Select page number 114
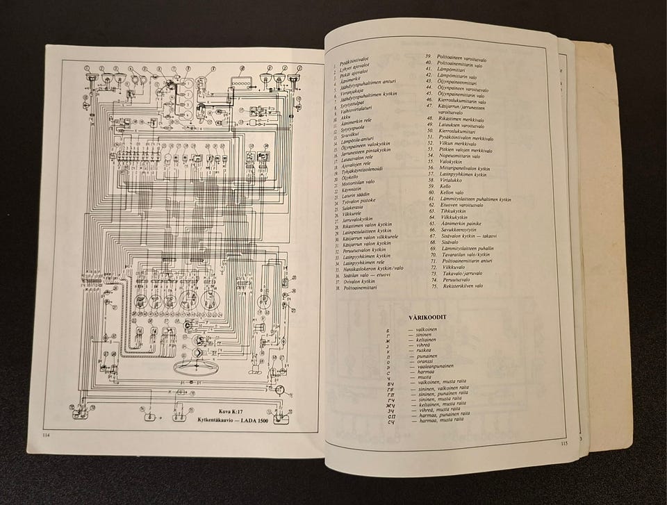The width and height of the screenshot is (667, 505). tap(47, 436)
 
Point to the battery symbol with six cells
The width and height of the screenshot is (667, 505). tap(241, 83)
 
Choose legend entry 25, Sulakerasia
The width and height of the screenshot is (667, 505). tap(354, 206)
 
